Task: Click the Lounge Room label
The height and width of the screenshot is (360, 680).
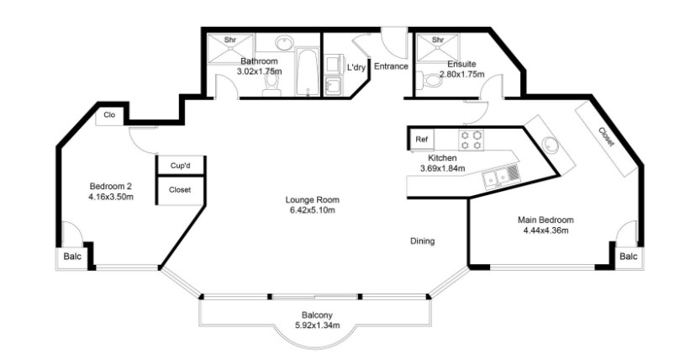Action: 312,200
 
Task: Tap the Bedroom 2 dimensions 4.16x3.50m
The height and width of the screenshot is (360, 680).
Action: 111,197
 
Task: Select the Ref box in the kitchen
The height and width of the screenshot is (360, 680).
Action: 421,140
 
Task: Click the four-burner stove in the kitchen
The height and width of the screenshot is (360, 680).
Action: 472,140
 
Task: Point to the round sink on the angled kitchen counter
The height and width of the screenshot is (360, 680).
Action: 551,144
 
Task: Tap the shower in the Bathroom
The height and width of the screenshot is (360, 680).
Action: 229,49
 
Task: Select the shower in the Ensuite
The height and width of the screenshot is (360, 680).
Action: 438,48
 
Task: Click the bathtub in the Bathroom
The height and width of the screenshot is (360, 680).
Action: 308,71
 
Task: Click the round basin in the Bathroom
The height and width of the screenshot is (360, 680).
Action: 284,43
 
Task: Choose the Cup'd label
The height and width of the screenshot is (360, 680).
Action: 181,166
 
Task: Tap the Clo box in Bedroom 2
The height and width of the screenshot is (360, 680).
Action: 110,115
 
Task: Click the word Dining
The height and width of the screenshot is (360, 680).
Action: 423,241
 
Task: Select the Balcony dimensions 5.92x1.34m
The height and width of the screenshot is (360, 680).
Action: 317,325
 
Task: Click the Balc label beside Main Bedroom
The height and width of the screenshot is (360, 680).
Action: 629,257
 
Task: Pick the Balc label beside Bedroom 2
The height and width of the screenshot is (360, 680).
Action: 72,257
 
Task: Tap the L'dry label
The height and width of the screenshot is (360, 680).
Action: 356,67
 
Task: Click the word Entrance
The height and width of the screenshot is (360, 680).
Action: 391,66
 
